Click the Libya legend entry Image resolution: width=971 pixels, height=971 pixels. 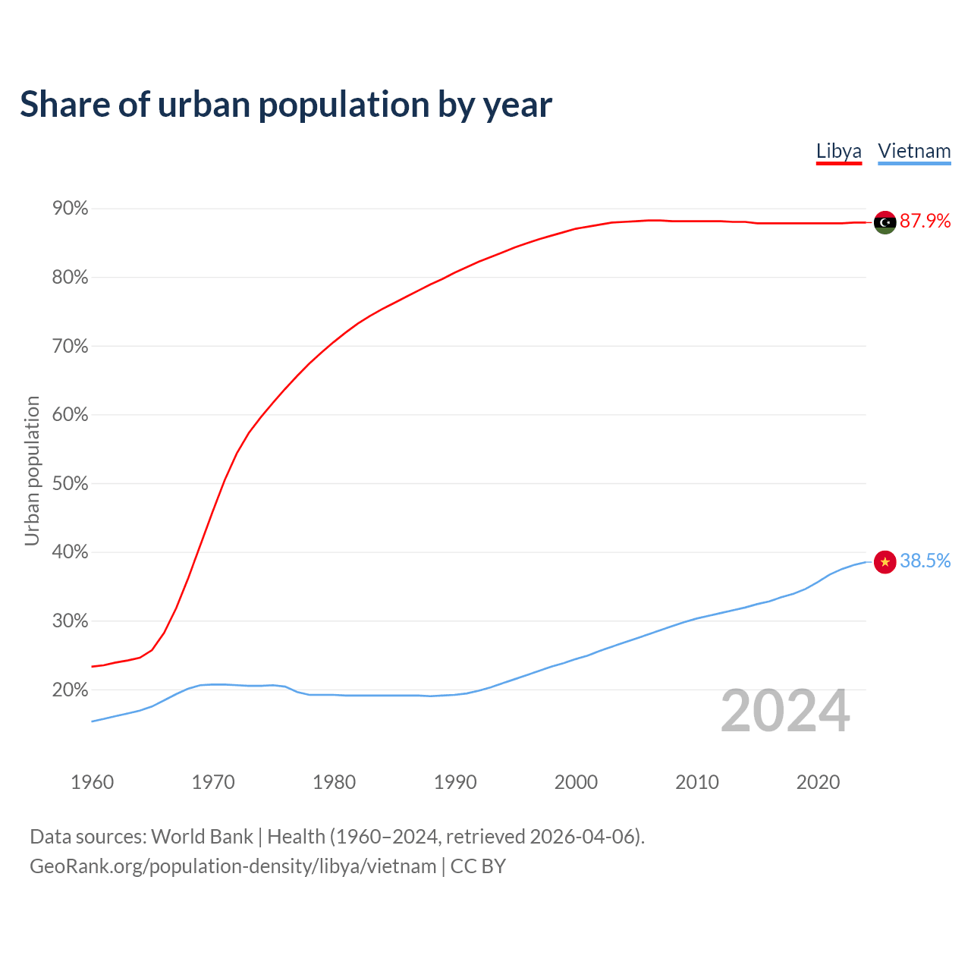click(x=838, y=151)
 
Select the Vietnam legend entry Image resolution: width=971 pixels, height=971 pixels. click(x=914, y=151)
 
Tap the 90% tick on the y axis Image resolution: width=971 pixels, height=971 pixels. click(x=70, y=209)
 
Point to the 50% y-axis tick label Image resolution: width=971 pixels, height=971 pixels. click(x=70, y=484)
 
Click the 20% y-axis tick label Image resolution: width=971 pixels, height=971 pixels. click(x=70, y=690)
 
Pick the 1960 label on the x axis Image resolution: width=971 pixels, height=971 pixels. click(x=92, y=782)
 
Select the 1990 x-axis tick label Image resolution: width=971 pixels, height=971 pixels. click(x=455, y=782)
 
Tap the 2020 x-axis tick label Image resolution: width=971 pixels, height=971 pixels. click(x=818, y=782)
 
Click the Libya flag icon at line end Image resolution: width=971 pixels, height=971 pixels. click(x=885, y=222)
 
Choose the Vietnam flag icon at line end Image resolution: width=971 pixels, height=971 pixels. click(x=885, y=561)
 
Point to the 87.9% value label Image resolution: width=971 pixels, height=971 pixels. click(x=925, y=222)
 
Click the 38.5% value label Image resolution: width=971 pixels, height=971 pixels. click(x=925, y=561)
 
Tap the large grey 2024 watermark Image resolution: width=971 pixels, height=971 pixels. click(x=785, y=712)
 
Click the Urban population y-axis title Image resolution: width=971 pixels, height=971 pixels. click(x=32, y=470)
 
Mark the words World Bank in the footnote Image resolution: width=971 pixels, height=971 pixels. click(x=202, y=837)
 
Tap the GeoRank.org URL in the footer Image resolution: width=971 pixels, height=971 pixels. click(x=233, y=866)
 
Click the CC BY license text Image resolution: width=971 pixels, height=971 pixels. click(x=478, y=866)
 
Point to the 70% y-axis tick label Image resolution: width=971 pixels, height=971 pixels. click(x=70, y=347)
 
